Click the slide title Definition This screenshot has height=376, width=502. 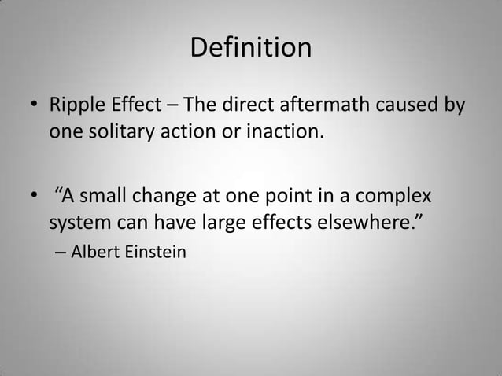point(251,49)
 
